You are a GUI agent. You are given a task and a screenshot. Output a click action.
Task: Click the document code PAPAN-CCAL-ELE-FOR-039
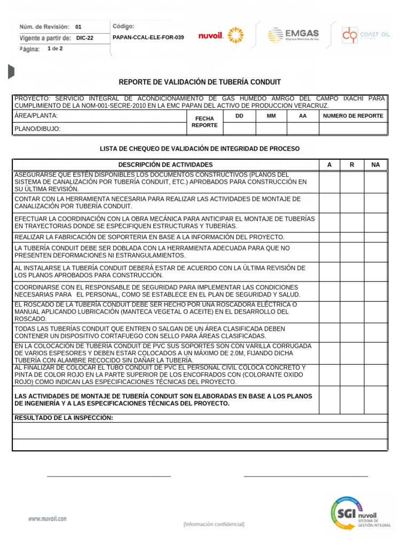click(x=149, y=37)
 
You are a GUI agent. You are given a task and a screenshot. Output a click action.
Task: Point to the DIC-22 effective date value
click(x=84, y=38)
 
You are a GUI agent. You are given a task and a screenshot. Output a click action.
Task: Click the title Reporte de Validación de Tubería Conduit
click(x=200, y=82)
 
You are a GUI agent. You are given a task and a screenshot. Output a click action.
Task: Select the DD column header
click(x=239, y=116)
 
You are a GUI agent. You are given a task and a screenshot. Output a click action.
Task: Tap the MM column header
click(x=271, y=116)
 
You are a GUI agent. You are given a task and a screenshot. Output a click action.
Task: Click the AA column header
click(x=303, y=116)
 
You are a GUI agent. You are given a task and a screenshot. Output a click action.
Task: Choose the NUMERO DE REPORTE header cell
click(x=353, y=116)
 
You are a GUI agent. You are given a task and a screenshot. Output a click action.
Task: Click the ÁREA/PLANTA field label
click(x=36, y=116)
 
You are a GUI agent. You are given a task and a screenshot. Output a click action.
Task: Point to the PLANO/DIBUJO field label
click(x=37, y=129)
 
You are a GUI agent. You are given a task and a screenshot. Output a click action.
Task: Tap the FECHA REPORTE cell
click(x=204, y=122)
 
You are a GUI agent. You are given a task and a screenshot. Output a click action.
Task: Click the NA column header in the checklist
click(x=375, y=165)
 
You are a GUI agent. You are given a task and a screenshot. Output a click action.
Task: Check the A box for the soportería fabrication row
click(x=329, y=237)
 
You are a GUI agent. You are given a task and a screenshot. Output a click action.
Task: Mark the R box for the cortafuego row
click(x=352, y=332)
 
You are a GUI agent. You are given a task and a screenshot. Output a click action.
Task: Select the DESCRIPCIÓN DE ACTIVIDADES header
click(x=165, y=165)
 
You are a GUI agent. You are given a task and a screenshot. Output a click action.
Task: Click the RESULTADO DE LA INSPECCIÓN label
click(x=64, y=418)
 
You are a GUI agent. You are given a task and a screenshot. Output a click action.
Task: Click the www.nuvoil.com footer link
click(x=48, y=518)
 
